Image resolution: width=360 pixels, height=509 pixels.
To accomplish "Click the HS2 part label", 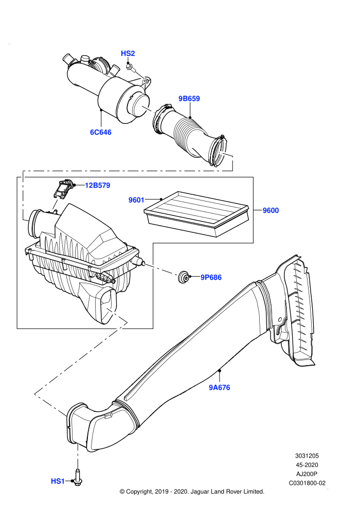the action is tap(128, 53).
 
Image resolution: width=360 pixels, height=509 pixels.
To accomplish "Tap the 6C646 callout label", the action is tap(101, 132).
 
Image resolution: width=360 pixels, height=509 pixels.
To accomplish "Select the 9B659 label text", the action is tap(189, 98).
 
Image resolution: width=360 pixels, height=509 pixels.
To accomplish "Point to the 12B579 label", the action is tap(97, 186).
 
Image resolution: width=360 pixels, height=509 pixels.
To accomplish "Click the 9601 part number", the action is tap(136, 200).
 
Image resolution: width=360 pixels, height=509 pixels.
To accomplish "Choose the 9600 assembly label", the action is tap(271, 210).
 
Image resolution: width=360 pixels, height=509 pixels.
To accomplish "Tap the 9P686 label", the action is tap(211, 277).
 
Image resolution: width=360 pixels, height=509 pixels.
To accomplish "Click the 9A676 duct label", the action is tap(220, 387).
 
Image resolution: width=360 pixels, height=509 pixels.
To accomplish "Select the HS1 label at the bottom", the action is tap(58, 481).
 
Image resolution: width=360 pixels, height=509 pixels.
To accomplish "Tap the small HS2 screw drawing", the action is tap(130, 67).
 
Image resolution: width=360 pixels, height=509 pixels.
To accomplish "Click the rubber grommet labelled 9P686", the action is tap(184, 277).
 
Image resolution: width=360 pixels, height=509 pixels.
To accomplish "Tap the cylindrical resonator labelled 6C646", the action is tap(107, 87).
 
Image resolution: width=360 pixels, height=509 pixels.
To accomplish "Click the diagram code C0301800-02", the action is tap(307, 483).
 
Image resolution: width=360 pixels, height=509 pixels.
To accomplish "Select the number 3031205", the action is tap(307, 456).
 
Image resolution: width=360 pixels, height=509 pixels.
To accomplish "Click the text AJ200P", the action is tap(307, 474).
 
